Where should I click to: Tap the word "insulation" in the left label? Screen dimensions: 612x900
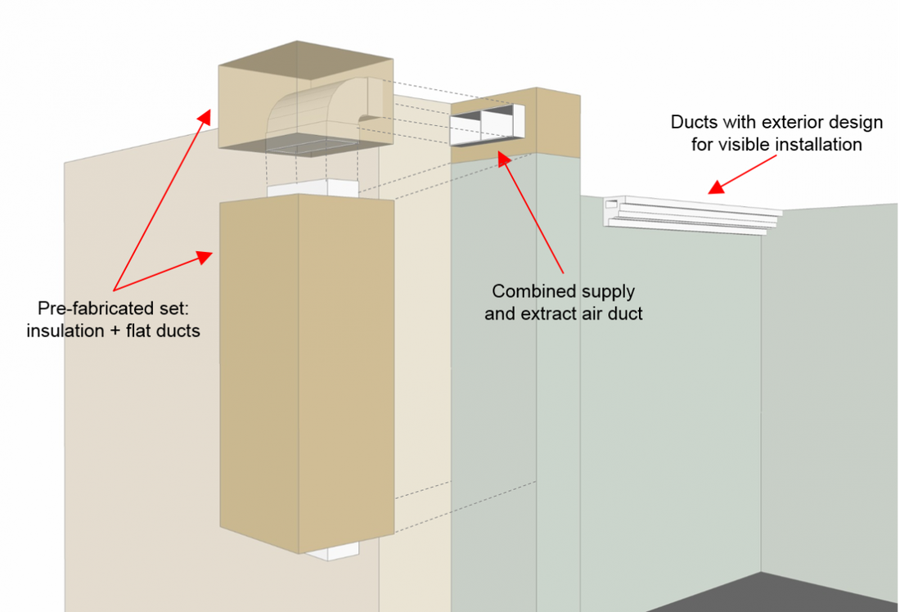[62, 331]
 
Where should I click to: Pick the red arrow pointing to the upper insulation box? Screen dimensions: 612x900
[160, 200]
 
